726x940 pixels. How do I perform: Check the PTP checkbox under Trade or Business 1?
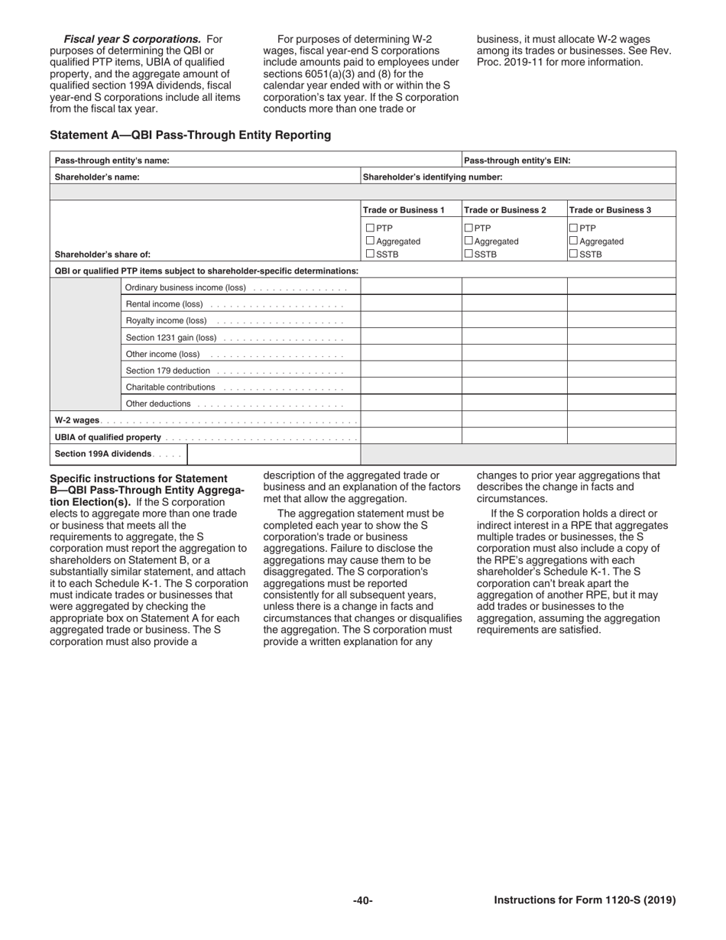click(x=370, y=228)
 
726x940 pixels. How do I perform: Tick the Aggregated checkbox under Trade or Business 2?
click(x=469, y=241)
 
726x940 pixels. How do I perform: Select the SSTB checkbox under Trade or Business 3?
click(x=574, y=254)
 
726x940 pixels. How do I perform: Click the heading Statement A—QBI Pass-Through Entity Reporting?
click(x=190, y=135)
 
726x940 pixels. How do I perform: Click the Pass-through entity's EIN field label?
click(x=517, y=160)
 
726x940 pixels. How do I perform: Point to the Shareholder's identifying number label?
click(x=433, y=177)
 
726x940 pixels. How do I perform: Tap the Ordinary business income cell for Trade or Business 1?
click(x=411, y=287)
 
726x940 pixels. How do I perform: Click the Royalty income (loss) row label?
click(x=166, y=321)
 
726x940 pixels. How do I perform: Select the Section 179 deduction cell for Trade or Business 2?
click(x=514, y=371)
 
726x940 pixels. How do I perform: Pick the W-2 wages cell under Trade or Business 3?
click(x=621, y=420)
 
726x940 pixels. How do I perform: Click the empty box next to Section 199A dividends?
click(x=274, y=455)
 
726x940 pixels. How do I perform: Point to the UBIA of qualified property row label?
click(x=108, y=437)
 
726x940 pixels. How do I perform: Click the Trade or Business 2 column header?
click(x=505, y=210)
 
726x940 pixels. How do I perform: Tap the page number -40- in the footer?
click(x=362, y=900)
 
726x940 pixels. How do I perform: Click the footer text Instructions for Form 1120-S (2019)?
click(x=585, y=900)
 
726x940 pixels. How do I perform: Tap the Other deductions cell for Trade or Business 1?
click(x=411, y=404)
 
